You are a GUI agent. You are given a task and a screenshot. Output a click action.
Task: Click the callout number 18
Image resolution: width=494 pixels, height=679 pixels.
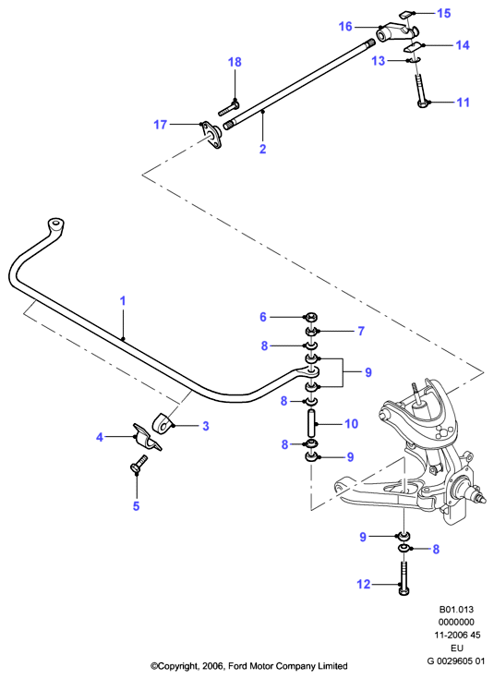(235, 62)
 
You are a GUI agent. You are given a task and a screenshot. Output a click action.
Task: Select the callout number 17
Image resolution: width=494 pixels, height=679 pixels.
(160, 125)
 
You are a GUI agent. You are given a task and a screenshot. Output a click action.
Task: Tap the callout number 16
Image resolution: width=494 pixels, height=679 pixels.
(345, 27)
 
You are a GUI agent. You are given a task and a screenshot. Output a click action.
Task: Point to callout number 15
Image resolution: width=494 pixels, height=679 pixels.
(444, 14)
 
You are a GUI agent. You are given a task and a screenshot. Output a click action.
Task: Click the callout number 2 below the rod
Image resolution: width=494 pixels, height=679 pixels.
(262, 149)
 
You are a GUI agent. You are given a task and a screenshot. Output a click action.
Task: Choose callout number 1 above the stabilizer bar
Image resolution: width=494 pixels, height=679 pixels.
(123, 300)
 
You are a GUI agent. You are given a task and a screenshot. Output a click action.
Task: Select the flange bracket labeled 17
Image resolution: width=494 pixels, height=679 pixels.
(211, 134)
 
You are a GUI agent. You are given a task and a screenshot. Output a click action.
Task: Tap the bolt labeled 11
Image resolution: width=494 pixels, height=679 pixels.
(421, 91)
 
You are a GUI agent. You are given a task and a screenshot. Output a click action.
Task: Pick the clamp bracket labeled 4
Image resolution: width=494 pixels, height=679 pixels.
(147, 437)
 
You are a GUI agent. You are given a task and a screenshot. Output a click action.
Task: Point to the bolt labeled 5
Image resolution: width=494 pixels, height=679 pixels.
(138, 464)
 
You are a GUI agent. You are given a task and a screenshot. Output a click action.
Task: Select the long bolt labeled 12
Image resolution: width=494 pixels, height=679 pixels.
(404, 577)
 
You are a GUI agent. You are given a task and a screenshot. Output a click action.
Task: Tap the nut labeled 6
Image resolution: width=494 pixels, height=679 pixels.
(311, 317)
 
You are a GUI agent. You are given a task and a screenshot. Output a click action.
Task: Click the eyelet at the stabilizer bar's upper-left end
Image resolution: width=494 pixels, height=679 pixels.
(55, 225)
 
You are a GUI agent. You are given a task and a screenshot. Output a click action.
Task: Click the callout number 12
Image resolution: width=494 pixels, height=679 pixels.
(364, 584)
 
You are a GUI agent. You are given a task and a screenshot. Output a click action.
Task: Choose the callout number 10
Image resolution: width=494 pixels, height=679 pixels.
(352, 423)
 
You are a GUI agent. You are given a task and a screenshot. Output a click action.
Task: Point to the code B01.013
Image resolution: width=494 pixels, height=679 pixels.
(457, 610)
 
